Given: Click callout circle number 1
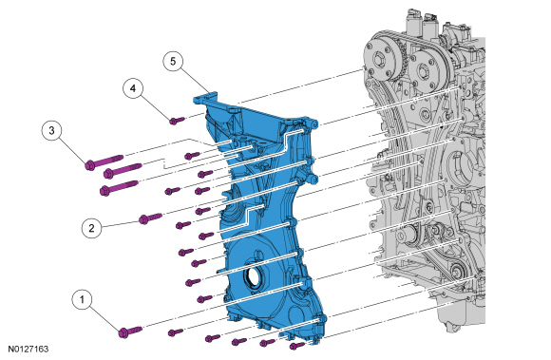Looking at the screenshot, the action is click(x=83, y=299).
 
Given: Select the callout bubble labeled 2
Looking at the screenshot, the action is click(x=92, y=228).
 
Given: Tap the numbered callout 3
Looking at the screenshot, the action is click(x=51, y=131).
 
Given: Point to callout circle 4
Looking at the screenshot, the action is click(x=133, y=88).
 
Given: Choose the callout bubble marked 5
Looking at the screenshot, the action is click(x=173, y=62).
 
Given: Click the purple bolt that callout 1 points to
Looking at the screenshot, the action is click(x=130, y=332).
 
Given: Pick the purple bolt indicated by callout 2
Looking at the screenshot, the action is click(x=150, y=218).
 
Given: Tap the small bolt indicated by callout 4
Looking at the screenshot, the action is click(x=177, y=121).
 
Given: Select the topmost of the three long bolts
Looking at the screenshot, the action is click(x=104, y=161).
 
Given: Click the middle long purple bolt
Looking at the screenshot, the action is click(x=123, y=170).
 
